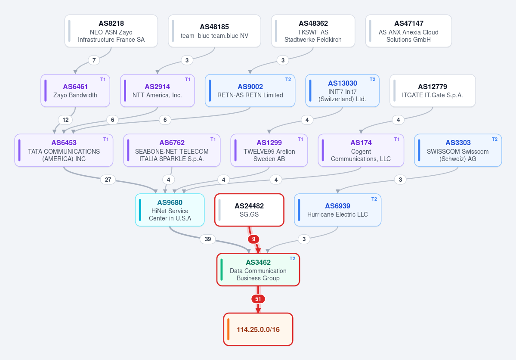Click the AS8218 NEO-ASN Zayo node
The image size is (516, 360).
(111, 31)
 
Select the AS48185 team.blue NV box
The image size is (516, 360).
(215, 31)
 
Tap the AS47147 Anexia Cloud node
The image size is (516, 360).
(408, 31)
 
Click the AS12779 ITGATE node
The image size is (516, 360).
(433, 90)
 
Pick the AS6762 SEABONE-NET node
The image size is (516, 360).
(172, 150)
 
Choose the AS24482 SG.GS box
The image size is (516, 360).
(249, 210)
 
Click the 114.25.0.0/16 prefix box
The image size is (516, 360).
(258, 329)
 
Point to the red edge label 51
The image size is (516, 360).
(258, 299)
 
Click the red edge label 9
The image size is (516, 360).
(253, 239)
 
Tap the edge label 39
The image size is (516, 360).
(208, 239)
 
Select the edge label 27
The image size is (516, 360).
(108, 180)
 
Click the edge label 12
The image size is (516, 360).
(65, 120)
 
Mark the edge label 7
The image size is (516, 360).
(94, 60)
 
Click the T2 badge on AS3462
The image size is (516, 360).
(292, 258)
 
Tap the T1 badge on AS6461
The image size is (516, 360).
(103, 79)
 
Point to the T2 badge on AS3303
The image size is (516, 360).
(494, 140)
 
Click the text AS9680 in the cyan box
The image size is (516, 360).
(170, 202)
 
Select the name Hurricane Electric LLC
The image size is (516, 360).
(338, 214)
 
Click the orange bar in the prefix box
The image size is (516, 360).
(229, 329)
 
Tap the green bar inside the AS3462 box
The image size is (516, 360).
(222, 270)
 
